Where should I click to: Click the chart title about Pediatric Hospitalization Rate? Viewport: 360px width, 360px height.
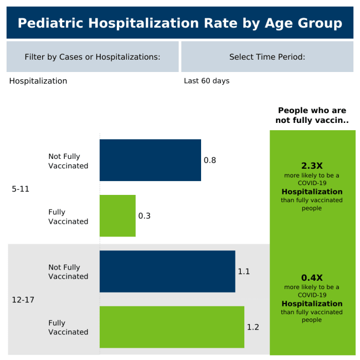tap(179, 23)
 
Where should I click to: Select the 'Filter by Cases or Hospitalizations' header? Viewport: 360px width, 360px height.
tap(93, 57)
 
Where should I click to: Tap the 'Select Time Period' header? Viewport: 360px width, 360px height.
tap(267, 57)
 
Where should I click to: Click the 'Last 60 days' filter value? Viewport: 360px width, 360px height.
tap(207, 81)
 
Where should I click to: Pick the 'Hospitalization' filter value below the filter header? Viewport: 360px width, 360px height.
tap(38, 81)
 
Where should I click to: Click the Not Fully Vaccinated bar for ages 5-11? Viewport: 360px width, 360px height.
tap(150, 160)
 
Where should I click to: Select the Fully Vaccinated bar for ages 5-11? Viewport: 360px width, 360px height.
tap(118, 215)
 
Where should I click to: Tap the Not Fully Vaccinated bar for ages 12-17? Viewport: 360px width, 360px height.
tap(167, 271)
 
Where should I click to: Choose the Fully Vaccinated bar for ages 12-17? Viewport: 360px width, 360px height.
tap(172, 327)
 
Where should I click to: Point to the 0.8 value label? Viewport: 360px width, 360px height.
tap(210, 160)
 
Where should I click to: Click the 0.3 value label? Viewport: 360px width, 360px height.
tap(145, 216)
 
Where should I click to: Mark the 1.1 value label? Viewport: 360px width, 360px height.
tap(244, 271)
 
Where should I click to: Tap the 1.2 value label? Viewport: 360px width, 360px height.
tap(253, 327)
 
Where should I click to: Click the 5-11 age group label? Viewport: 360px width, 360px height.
tap(21, 189)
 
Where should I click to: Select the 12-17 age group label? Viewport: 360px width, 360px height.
tap(23, 299)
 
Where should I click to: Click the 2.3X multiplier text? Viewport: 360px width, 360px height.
tap(312, 166)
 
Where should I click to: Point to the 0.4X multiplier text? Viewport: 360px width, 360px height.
tap(312, 277)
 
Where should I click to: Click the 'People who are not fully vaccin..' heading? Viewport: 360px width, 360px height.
tap(312, 116)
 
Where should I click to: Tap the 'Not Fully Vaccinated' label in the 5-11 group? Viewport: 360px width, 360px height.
tap(68, 161)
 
